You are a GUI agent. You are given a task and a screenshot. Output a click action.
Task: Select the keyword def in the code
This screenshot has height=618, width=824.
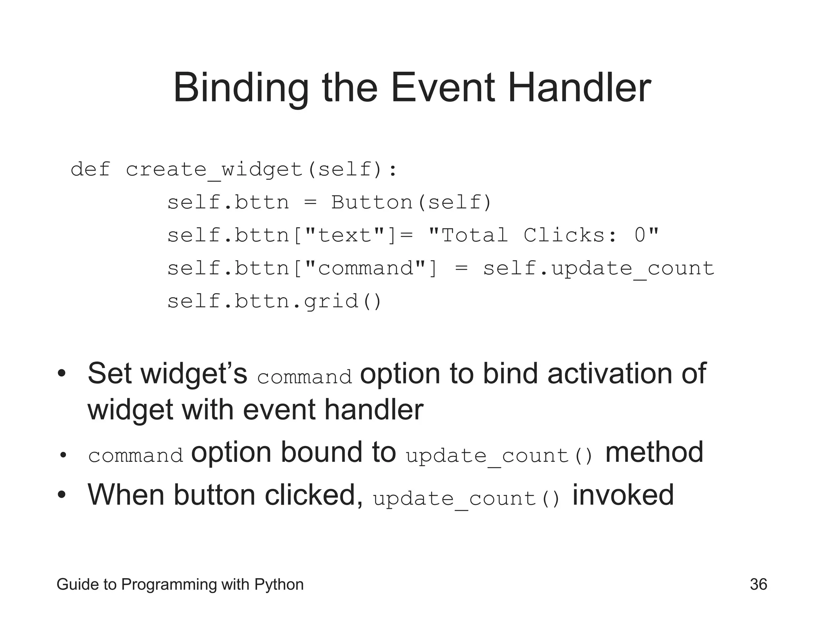point(90,169)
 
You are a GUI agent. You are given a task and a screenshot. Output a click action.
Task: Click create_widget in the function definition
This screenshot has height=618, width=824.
point(214,170)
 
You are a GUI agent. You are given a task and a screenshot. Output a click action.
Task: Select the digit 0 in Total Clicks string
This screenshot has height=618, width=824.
point(640,235)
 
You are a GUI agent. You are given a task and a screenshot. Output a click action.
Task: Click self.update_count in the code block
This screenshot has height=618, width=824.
point(598,269)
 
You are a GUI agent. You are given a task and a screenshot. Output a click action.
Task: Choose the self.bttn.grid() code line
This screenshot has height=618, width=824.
point(274,301)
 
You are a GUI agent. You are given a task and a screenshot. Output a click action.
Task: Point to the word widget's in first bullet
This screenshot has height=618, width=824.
point(194,374)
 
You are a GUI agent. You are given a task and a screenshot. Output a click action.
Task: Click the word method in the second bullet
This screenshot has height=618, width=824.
point(654,452)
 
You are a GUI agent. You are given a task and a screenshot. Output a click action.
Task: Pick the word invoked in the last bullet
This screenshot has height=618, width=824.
point(623,495)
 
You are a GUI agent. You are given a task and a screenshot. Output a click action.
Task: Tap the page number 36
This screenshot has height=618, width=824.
point(758,584)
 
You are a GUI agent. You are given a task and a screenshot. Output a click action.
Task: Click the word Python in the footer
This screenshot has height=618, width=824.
point(279,585)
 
